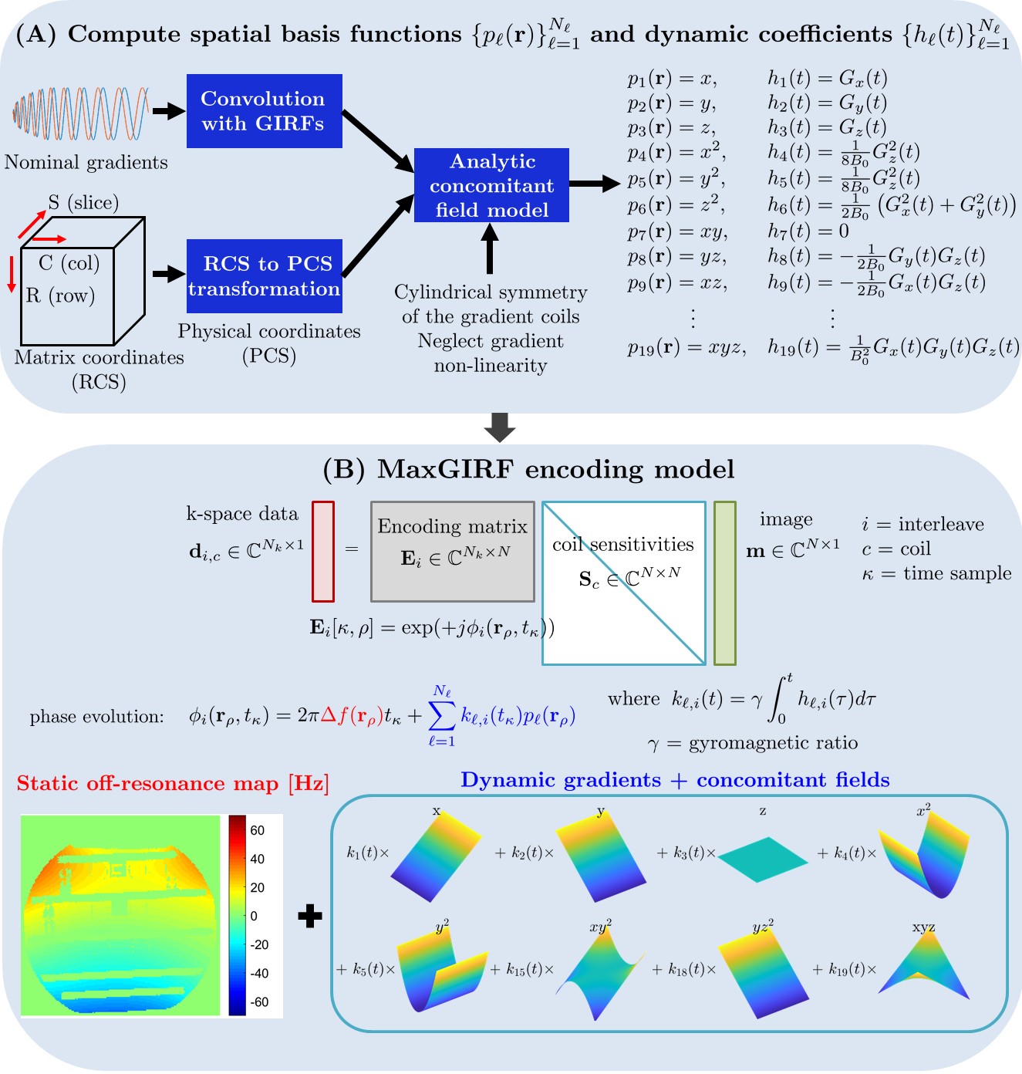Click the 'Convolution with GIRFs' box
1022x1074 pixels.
click(264, 111)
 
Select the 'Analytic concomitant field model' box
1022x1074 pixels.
click(491, 185)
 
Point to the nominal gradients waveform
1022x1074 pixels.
click(81, 114)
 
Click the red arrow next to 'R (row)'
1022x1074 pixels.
click(12, 275)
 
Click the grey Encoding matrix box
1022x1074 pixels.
click(453, 552)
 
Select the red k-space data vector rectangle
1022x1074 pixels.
click(323, 552)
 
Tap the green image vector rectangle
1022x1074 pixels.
click(724, 583)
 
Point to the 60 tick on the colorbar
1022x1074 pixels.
click(258, 830)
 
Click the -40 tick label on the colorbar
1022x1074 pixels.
click(259, 973)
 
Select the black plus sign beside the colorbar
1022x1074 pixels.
click(309, 916)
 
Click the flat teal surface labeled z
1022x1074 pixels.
click(762, 860)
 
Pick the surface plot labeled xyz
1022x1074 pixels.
click(924, 969)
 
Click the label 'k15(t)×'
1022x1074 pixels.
click(522, 970)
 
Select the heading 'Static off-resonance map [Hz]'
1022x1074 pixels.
click(173, 784)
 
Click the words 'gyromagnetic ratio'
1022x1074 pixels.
click(773, 743)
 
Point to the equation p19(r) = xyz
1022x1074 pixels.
click(686, 348)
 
